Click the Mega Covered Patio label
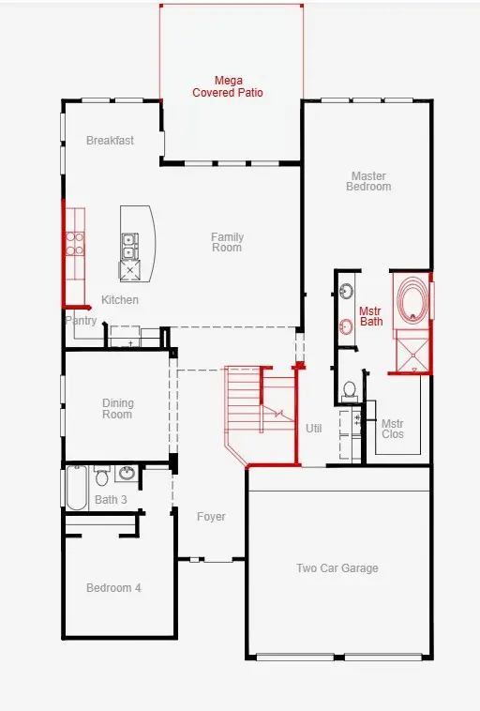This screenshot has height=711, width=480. coord(228,87)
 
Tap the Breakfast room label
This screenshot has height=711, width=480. coord(110,141)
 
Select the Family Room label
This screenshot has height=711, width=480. coord(227,242)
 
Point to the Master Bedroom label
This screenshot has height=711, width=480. coord(369,181)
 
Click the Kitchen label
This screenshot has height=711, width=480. coord(120,300)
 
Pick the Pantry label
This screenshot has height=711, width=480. coord(82,321)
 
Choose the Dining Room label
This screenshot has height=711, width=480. coord(118,409)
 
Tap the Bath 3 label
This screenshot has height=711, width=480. coord(111,500)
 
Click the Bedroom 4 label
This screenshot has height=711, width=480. coord(113,588)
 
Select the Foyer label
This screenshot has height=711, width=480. coord(211,517)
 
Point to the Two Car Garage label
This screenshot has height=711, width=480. coord(337,568)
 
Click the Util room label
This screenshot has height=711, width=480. coord(313,428)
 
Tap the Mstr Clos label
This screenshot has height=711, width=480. coord(392,429)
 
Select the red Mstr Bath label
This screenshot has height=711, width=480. coord(371,316)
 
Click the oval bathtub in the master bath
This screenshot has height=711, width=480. coord(411,300)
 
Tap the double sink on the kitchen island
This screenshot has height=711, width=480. coord(129,246)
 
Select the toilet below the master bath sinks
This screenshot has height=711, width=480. coord(349,388)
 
